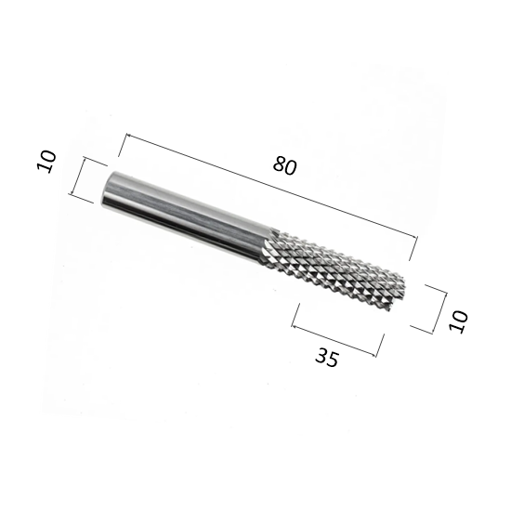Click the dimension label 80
tap(285, 166)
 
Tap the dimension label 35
tap(327, 357)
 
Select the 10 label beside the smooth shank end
tap(46, 162)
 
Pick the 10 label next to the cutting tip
tap(458, 321)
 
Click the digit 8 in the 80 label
tap(280, 164)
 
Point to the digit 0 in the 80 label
tap(291, 168)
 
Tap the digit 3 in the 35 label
tap(321, 355)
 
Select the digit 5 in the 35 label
tap(333, 360)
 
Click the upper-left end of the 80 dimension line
tap(126, 135)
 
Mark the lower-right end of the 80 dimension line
tap(417, 238)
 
